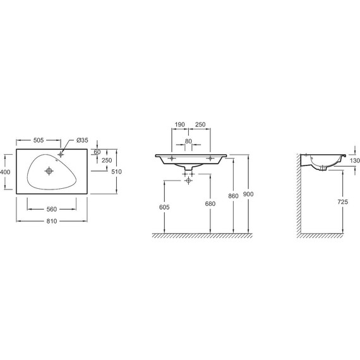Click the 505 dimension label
(x=39, y=140)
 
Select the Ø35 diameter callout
(x=82, y=140)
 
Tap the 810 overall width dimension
(x=52, y=221)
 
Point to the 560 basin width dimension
(x=52, y=209)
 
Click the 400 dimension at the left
(x=5, y=172)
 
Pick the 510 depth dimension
(x=116, y=172)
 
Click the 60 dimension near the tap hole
(x=97, y=152)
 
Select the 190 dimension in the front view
(x=179, y=124)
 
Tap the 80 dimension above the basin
(x=188, y=141)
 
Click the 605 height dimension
(x=164, y=207)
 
